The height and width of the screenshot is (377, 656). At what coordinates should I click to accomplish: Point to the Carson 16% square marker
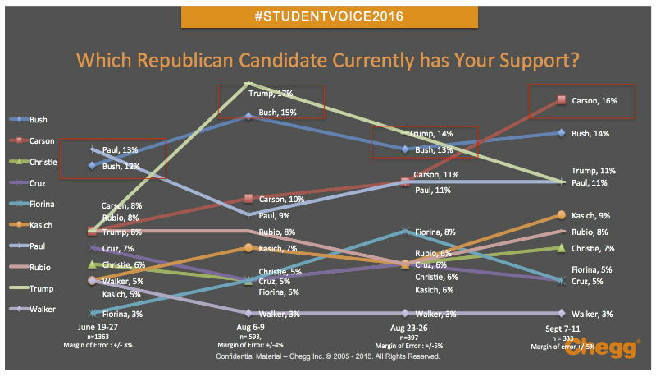[561, 100]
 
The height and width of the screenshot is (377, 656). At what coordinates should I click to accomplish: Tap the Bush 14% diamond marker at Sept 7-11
[561, 132]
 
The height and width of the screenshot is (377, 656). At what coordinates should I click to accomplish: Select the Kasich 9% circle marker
[561, 215]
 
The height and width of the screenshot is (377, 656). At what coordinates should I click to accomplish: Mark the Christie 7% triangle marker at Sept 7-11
[561, 247]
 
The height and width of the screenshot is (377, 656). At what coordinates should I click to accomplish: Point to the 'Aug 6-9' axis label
[248, 326]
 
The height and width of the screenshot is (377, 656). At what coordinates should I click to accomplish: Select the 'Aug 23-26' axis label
[405, 326]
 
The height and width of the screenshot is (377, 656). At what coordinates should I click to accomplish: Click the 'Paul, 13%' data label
[120, 149]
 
